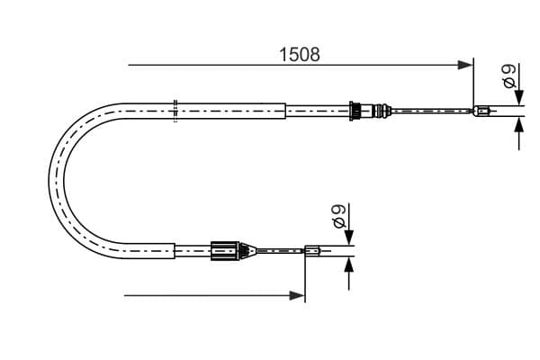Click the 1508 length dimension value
click(300, 54)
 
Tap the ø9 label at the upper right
click(509, 76)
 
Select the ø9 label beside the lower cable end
click(339, 216)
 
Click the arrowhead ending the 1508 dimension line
click(465, 65)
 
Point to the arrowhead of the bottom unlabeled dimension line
click(297, 295)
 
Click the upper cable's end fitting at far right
click(481, 111)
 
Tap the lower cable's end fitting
click(312, 250)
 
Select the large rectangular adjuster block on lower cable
click(225, 251)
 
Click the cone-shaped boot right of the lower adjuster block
click(247, 250)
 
